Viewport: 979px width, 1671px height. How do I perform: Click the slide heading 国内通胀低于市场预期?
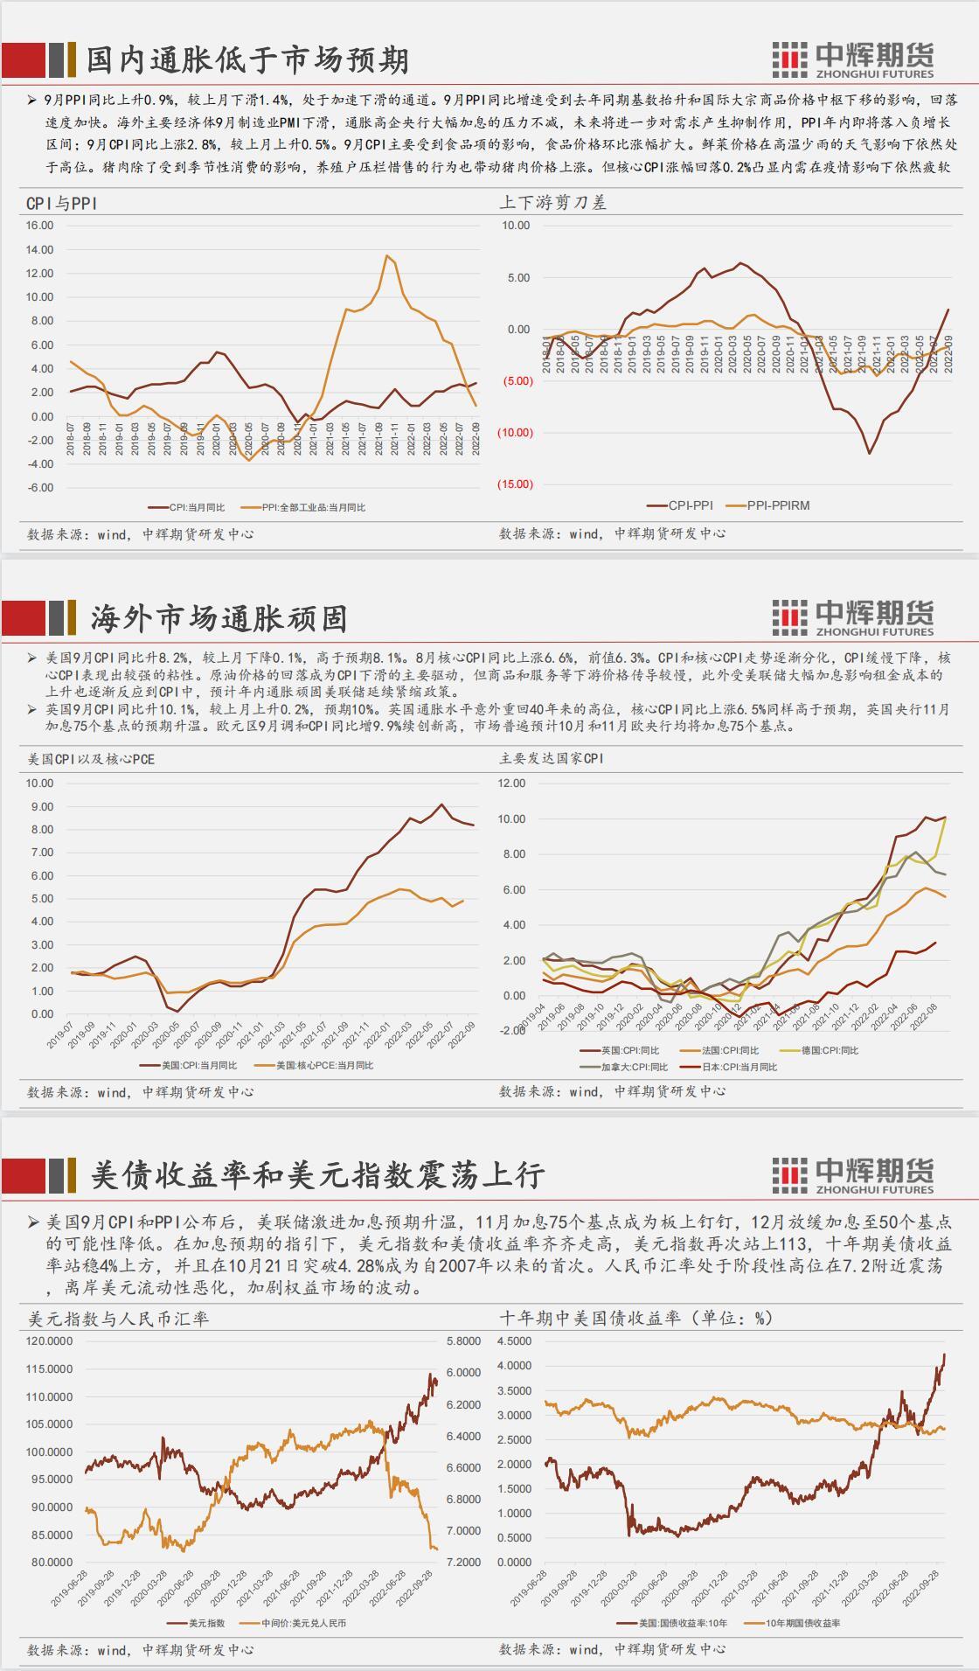247,60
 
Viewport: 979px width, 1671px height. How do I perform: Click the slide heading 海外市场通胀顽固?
219,618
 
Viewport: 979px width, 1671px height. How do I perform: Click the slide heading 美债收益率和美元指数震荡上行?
317,1174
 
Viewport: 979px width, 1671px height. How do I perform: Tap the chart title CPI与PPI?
61,203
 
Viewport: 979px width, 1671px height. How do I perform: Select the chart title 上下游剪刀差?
552,203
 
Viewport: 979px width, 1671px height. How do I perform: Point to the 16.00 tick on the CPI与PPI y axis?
40,226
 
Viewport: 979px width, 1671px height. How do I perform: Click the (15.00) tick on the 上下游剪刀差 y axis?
515,484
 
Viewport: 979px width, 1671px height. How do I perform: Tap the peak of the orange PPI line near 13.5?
386,255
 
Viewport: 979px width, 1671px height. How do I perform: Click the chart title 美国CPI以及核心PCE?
91,759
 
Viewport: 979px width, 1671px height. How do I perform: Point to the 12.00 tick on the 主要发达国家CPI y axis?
512,783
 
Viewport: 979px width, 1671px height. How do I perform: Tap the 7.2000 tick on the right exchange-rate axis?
463,1562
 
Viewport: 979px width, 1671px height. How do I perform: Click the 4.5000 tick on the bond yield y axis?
514,1341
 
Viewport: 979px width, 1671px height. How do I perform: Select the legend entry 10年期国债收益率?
802,1623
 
